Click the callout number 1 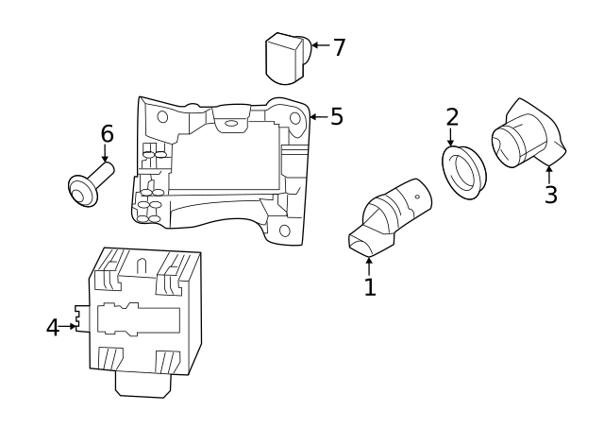[370, 287]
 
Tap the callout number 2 [452, 117]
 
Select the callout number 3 [550, 195]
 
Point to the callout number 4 [53, 327]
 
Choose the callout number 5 [336, 117]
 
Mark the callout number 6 [107, 134]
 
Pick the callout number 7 [339, 47]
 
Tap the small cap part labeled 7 [287, 58]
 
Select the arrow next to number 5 [318, 117]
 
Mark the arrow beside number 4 [72, 327]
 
